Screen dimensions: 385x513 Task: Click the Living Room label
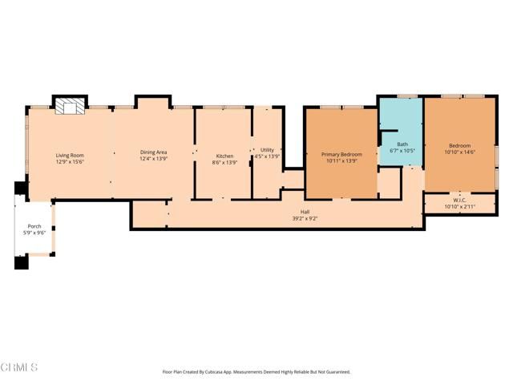click(x=70, y=155)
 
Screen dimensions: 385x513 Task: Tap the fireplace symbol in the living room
click(x=68, y=107)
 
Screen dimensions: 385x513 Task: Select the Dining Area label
click(x=153, y=152)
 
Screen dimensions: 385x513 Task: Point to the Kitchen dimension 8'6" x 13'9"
click(x=224, y=161)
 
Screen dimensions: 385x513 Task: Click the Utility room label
click(x=267, y=149)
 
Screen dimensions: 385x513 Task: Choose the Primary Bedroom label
click(x=341, y=154)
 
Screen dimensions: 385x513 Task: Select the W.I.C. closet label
click(x=459, y=201)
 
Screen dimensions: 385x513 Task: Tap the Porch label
click(x=34, y=226)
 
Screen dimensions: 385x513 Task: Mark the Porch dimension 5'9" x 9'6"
click(x=34, y=233)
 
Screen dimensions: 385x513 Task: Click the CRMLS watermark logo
click(x=20, y=367)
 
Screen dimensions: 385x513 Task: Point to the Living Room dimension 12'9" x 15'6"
click(x=70, y=161)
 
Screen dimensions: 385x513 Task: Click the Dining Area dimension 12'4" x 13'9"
click(x=153, y=158)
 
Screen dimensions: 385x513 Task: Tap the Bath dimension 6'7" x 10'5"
click(x=402, y=151)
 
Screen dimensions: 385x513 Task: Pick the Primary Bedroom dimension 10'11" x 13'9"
click(x=341, y=160)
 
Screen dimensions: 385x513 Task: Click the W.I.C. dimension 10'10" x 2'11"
click(x=459, y=207)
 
